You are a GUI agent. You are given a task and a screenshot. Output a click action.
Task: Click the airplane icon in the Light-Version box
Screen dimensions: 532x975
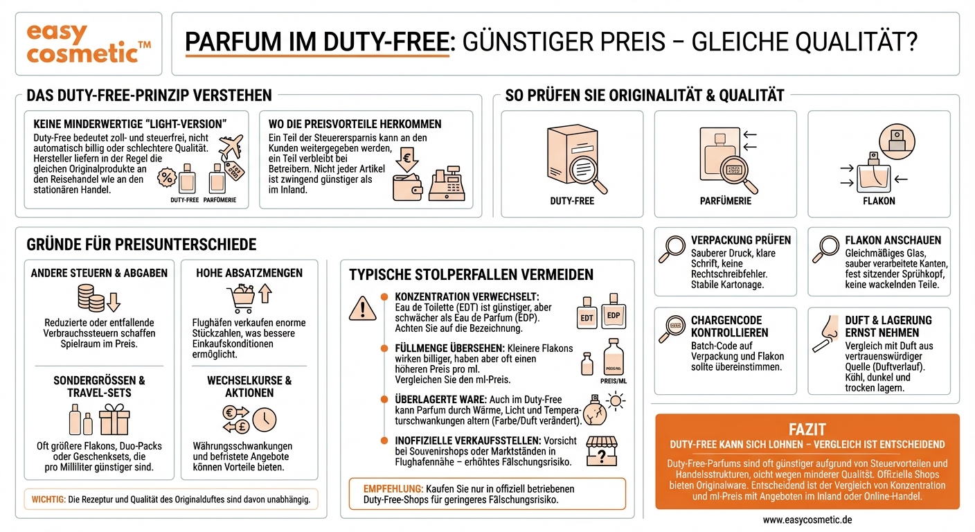pos(230,148)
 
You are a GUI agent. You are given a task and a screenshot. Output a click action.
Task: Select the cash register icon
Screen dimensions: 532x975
pos(446,183)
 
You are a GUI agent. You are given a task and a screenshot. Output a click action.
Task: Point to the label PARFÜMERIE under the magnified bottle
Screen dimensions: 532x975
pos(726,201)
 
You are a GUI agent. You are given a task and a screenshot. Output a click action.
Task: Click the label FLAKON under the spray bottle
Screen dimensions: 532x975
pos(879,201)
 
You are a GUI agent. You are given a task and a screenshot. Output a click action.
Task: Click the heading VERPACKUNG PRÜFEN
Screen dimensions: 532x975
pos(740,240)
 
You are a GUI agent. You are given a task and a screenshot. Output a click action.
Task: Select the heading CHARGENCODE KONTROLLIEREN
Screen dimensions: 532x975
pos(726,326)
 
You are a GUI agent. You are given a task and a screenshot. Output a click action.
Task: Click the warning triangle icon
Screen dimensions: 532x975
pos(362,307)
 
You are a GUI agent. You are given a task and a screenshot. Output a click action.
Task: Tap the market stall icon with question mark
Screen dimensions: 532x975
pos(600,451)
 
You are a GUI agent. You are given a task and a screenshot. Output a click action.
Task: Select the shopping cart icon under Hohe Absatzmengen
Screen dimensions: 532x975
pos(240,299)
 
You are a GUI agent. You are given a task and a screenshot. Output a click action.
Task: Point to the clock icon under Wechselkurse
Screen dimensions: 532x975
pos(265,419)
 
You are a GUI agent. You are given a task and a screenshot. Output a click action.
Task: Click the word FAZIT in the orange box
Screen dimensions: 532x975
pos(807,429)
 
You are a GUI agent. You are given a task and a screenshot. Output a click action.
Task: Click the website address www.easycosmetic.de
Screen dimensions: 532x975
pos(807,520)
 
